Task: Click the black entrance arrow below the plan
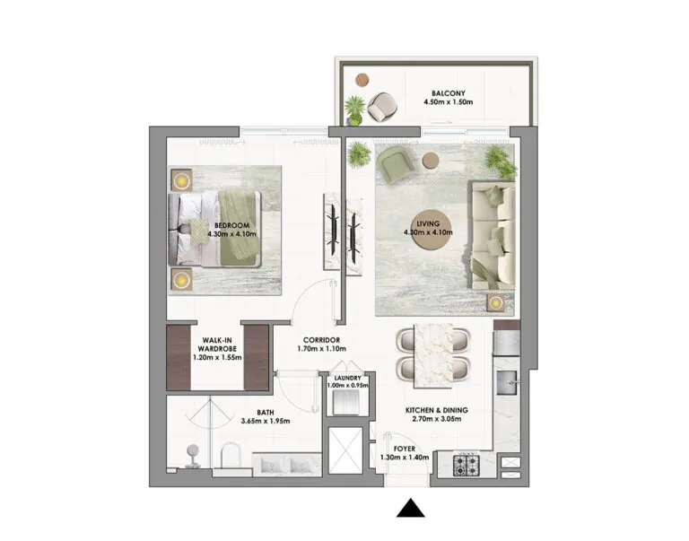(x=410, y=509)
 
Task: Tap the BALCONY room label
(x=449, y=93)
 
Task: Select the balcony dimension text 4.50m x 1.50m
(x=449, y=102)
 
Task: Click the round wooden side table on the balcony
(x=362, y=80)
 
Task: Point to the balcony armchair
(x=382, y=107)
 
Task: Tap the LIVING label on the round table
(x=428, y=223)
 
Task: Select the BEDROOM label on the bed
(x=231, y=225)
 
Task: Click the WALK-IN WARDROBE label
(x=217, y=345)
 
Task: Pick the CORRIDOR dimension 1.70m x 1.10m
(x=322, y=349)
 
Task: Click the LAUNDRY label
(x=347, y=378)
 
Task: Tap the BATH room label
(x=266, y=412)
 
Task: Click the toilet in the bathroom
(x=231, y=455)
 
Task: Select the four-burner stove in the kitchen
(x=466, y=466)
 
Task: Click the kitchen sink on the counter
(x=509, y=382)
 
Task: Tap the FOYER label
(x=405, y=449)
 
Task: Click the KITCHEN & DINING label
(x=436, y=410)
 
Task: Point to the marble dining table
(x=433, y=356)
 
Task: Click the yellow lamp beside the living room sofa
(x=495, y=303)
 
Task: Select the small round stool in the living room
(x=431, y=161)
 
